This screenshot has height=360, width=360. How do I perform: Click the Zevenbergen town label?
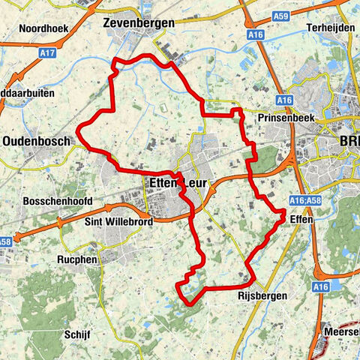coord(138,23)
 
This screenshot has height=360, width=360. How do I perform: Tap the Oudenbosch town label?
coord(36,140)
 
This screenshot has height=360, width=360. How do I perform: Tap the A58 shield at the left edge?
coord(5,241)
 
